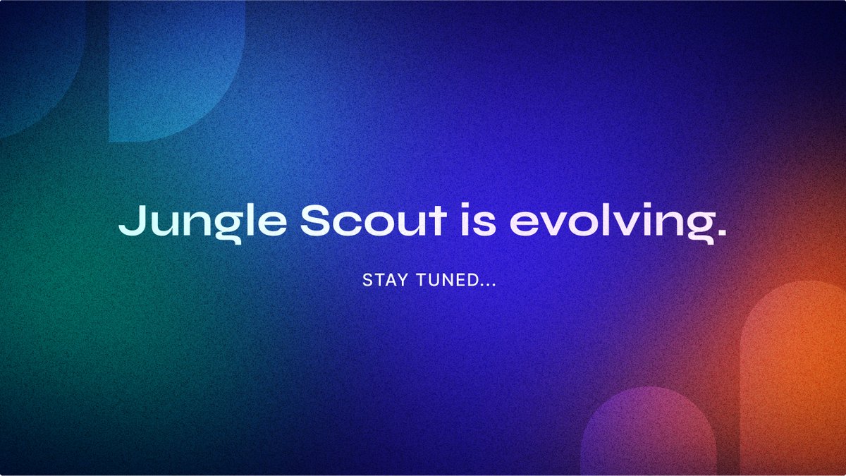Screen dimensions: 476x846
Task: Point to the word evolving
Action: [607, 223]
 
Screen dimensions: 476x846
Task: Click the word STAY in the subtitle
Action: [384, 281]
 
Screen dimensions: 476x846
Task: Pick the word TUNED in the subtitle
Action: [441, 281]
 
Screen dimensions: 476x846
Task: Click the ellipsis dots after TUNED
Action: [486, 285]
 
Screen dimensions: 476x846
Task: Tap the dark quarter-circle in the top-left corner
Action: [35, 56]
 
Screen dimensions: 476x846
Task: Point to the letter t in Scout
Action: [439, 220]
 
